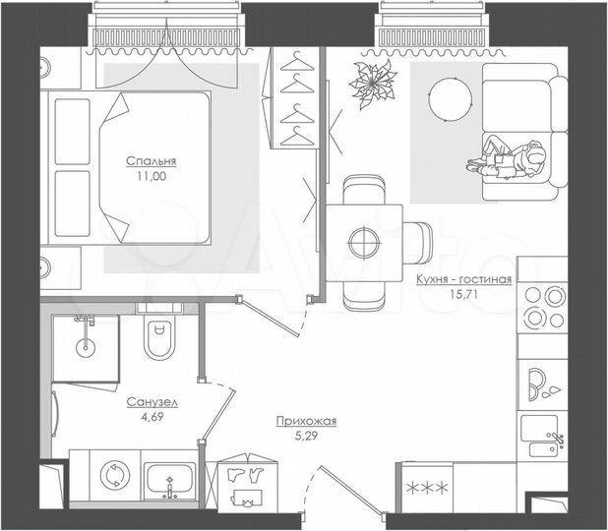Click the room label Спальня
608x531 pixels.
tap(144, 161)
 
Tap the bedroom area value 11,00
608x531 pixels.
tap(144, 177)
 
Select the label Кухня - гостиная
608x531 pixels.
tap(463, 279)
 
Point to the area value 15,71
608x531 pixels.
tap(463, 295)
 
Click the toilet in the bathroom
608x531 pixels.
tap(156, 339)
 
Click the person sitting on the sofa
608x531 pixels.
tap(511, 160)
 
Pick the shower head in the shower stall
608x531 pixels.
tap(86, 322)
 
